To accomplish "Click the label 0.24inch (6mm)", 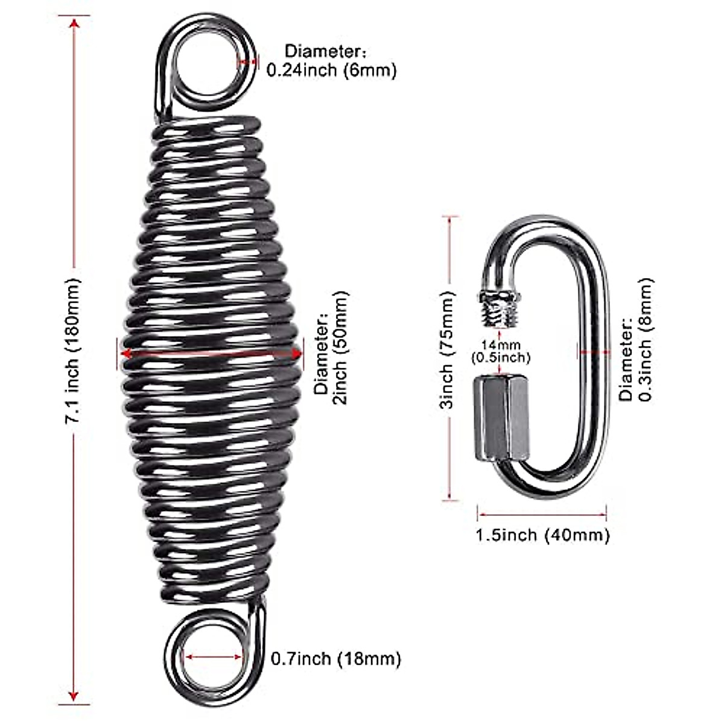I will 332,70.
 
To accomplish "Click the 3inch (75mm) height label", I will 446,360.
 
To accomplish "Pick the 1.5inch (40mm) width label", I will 542,535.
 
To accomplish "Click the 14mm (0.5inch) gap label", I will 500,352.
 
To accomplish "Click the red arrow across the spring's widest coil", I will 211,354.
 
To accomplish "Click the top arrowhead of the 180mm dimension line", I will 74,24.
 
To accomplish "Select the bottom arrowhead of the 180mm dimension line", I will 74,695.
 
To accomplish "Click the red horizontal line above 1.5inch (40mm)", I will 542,515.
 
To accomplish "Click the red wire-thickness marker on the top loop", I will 247,60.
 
